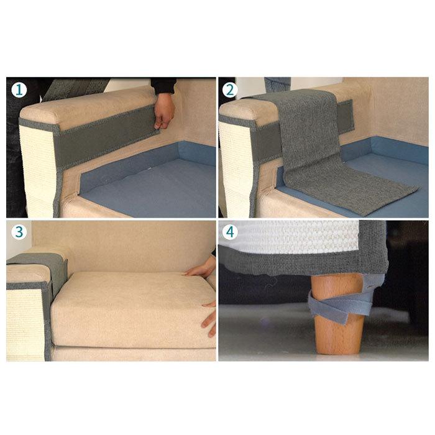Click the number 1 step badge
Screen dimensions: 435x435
point(19,90)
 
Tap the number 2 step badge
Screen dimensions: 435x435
point(231,90)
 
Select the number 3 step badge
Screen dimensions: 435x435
point(19,234)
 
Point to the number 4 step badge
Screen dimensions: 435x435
point(231,234)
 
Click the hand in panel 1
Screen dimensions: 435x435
point(164,111)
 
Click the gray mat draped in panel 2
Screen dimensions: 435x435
point(311,149)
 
